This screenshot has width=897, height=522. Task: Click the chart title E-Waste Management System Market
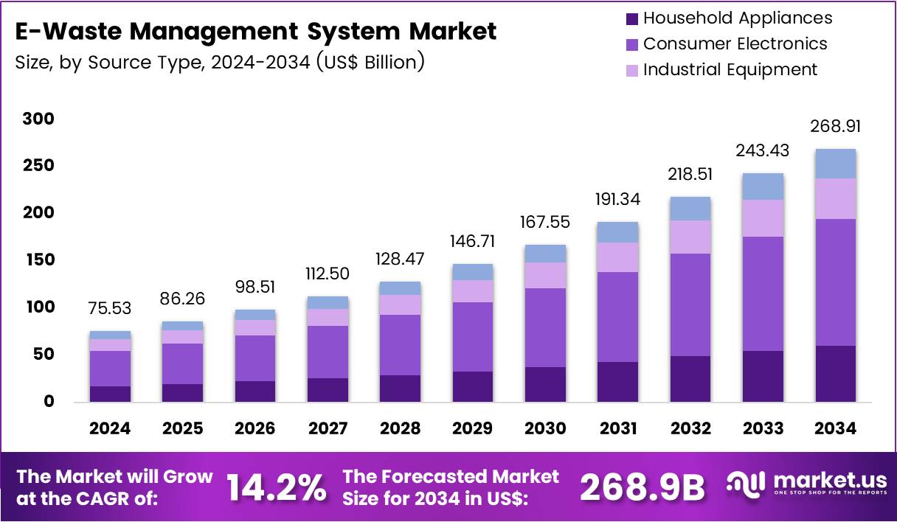(x=255, y=32)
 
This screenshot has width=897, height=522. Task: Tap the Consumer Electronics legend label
(x=735, y=43)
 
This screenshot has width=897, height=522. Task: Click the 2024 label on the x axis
(x=111, y=428)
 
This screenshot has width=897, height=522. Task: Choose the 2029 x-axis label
(x=473, y=428)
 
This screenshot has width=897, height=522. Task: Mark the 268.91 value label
(x=836, y=127)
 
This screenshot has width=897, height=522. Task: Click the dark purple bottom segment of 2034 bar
(x=835, y=373)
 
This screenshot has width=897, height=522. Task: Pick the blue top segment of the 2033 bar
(x=763, y=187)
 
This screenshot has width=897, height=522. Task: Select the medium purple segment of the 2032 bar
(x=690, y=304)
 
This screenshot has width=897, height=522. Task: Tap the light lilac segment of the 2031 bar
(x=618, y=257)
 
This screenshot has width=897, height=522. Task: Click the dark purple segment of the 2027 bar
(x=328, y=389)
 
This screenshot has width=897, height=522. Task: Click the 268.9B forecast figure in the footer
(x=642, y=487)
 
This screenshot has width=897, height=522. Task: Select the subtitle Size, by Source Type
(x=219, y=62)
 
